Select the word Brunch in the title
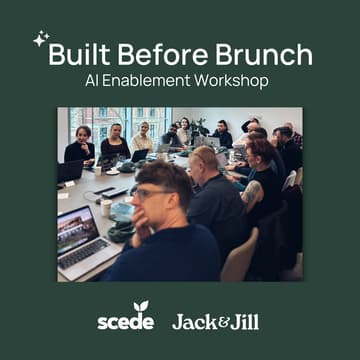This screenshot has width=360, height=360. pyautogui.click(x=262, y=53)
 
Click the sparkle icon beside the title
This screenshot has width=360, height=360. pyautogui.click(x=40, y=40)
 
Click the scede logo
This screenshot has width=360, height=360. pyautogui.click(x=126, y=319)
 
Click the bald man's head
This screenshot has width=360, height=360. pyautogui.click(x=203, y=158)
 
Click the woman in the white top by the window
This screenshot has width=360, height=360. pyautogui.click(x=144, y=138)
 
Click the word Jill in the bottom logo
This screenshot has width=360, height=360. pyautogui.click(x=241, y=321)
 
